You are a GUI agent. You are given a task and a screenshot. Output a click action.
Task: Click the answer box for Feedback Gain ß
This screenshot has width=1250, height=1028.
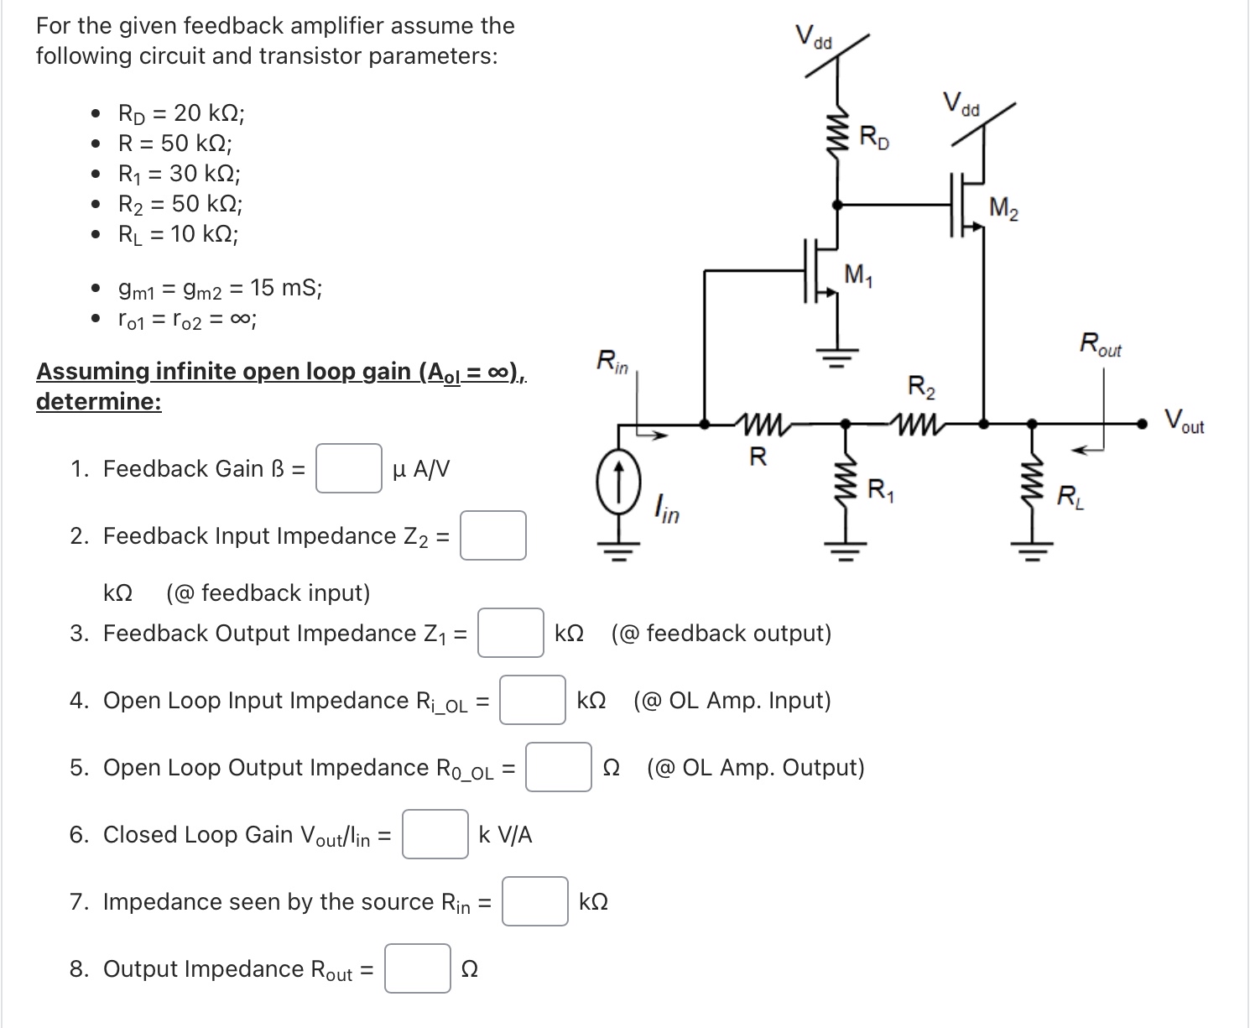click(x=349, y=468)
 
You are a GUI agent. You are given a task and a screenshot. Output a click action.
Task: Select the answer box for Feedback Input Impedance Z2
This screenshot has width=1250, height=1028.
click(x=493, y=535)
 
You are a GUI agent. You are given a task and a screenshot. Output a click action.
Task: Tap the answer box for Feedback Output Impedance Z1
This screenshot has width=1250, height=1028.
click(x=511, y=633)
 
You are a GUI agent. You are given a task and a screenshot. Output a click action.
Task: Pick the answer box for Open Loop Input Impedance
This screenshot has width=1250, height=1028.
click(x=533, y=700)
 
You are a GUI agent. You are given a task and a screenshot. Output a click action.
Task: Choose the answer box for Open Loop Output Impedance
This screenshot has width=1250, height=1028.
click(x=559, y=767)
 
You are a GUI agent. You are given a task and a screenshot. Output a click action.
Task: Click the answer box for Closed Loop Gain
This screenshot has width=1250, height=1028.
click(x=435, y=834)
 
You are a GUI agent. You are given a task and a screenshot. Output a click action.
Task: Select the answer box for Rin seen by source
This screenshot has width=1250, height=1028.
click(x=535, y=901)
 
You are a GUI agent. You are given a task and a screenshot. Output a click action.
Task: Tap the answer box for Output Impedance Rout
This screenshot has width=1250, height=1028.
click(x=418, y=968)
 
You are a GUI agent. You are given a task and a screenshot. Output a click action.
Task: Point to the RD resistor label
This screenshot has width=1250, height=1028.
click(x=874, y=138)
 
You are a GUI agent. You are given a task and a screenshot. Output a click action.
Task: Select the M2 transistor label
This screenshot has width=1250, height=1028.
click(x=1003, y=207)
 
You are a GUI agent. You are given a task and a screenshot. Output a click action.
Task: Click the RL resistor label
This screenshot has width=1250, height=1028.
click(x=1070, y=497)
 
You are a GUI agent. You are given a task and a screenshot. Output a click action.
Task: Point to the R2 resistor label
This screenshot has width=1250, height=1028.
click(x=921, y=388)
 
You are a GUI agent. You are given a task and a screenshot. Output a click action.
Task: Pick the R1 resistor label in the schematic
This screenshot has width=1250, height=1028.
click(x=880, y=489)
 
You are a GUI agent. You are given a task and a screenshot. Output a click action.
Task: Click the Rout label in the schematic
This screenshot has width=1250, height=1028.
click(x=1100, y=344)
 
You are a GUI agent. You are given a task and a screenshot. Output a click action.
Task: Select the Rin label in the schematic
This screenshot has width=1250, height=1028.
click(x=612, y=362)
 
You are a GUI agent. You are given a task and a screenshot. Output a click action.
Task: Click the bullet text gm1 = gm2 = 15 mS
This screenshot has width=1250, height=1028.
click(x=220, y=289)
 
